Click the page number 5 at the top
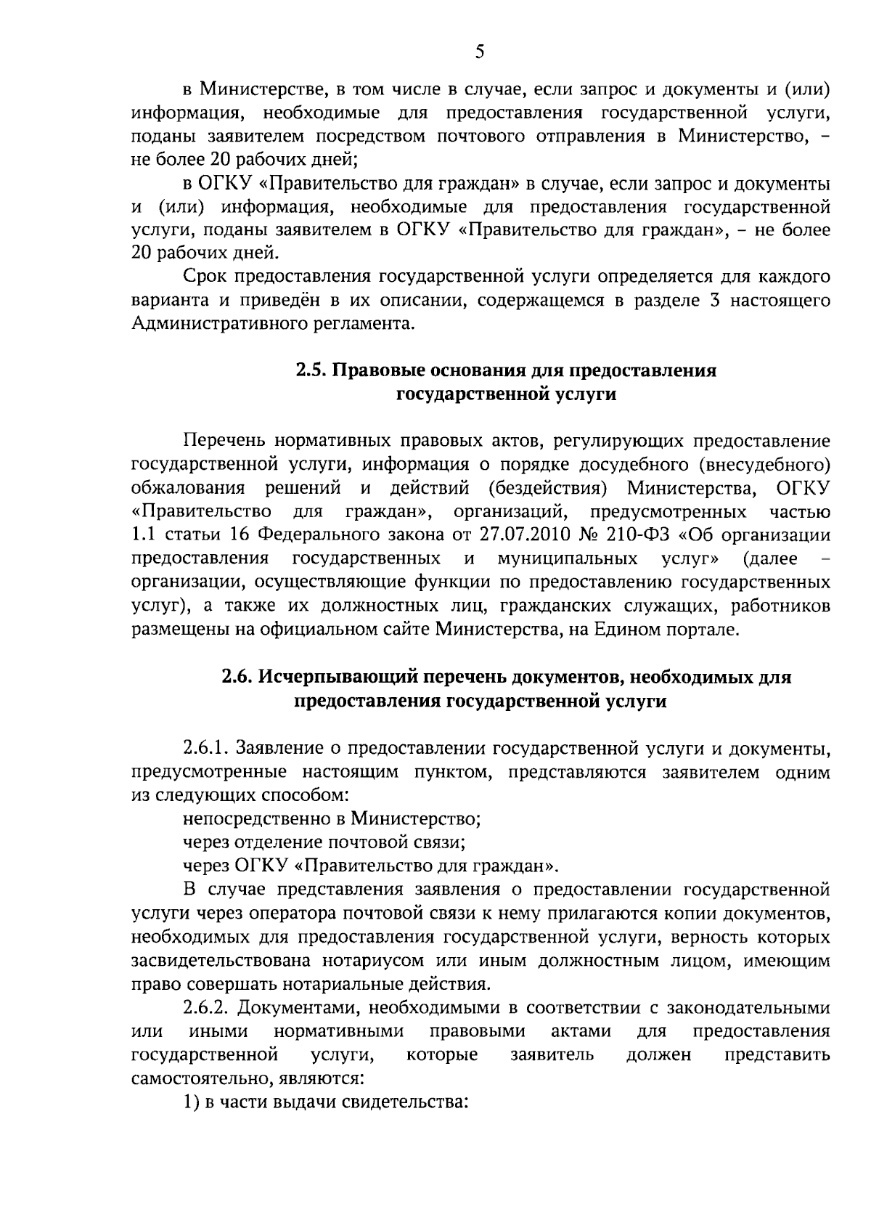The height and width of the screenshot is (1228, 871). [479, 51]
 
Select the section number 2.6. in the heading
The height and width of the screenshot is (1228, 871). [239, 678]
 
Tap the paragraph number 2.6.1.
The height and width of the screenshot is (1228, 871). [206, 748]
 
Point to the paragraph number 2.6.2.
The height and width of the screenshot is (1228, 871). [206, 1008]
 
